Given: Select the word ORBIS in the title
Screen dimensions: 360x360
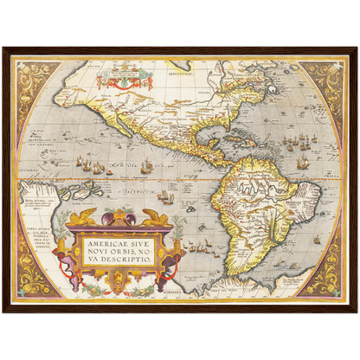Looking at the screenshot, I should click(119, 252).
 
